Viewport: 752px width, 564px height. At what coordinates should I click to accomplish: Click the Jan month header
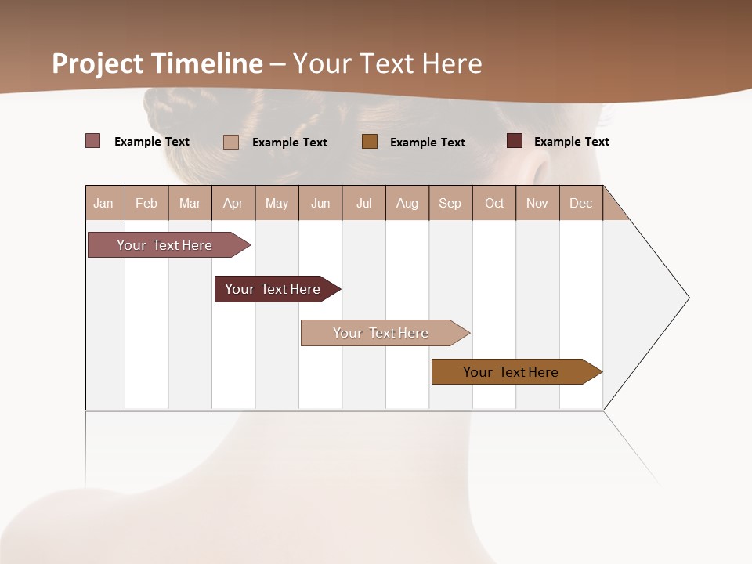[x=104, y=203]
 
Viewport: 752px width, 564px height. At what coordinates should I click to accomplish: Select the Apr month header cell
[x=233, y=203]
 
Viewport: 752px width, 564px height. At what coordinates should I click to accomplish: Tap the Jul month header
[x=364, y=203]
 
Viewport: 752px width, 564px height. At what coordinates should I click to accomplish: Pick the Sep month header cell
[x=450, y=203]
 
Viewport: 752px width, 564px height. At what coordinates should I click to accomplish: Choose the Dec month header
[x=580, y=203]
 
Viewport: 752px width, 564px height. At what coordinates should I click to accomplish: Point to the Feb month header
[x=146, y=203]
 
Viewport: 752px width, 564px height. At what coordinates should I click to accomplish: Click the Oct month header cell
[x=494, y=203]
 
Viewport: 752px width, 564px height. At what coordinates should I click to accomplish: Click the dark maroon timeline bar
[x=274, y=289]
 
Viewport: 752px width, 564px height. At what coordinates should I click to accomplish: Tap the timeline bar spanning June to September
[x=382, y=333]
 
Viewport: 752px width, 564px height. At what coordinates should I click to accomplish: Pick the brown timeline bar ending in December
[x=513, y=372]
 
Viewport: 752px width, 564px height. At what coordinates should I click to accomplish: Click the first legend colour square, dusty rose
[x=93, y=141]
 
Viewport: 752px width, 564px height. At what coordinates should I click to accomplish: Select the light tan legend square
[x=231, y=142]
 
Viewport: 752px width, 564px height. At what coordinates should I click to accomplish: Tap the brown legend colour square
[x=370, y=142]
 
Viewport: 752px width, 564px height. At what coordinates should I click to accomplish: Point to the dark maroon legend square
[x=515, y=141]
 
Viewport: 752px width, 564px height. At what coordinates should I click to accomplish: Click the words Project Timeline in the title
[x=157, y=63]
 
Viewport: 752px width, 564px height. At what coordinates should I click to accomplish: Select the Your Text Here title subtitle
[x=388, y=63]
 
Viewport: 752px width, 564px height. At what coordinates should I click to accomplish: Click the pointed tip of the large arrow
[x=687, y=298]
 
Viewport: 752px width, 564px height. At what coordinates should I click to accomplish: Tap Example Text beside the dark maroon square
[x=571, y=142]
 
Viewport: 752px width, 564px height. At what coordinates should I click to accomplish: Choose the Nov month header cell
[x=537, y=203]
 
